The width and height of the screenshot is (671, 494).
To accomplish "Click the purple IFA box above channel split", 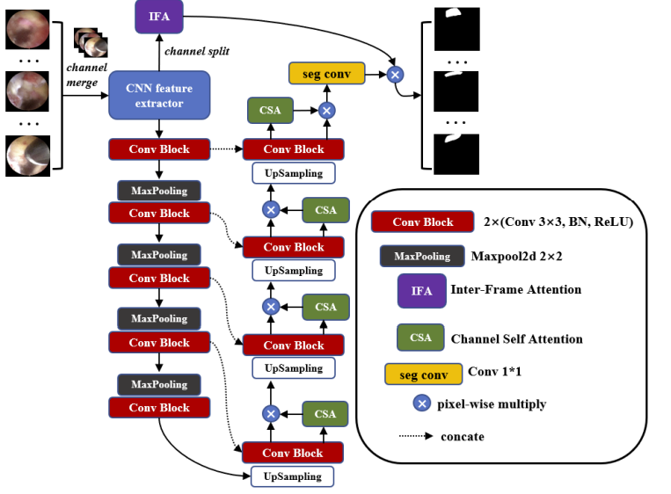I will point(158,16).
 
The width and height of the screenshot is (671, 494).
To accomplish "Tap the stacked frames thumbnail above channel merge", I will point(91,41).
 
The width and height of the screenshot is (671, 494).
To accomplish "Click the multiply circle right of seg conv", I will point(396,75).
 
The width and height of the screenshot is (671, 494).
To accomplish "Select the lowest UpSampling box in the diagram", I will point(294,476).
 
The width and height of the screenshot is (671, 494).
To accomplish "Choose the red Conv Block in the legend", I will point(423,222).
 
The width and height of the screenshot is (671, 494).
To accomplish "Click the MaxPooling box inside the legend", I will point(421,257).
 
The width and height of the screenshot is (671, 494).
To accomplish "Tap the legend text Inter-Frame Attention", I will point(515,289).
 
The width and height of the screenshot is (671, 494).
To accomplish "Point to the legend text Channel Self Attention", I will point(516,338).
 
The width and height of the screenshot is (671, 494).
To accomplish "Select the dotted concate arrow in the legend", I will point(419,436).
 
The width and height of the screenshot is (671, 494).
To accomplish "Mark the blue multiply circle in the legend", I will point(422,403).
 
